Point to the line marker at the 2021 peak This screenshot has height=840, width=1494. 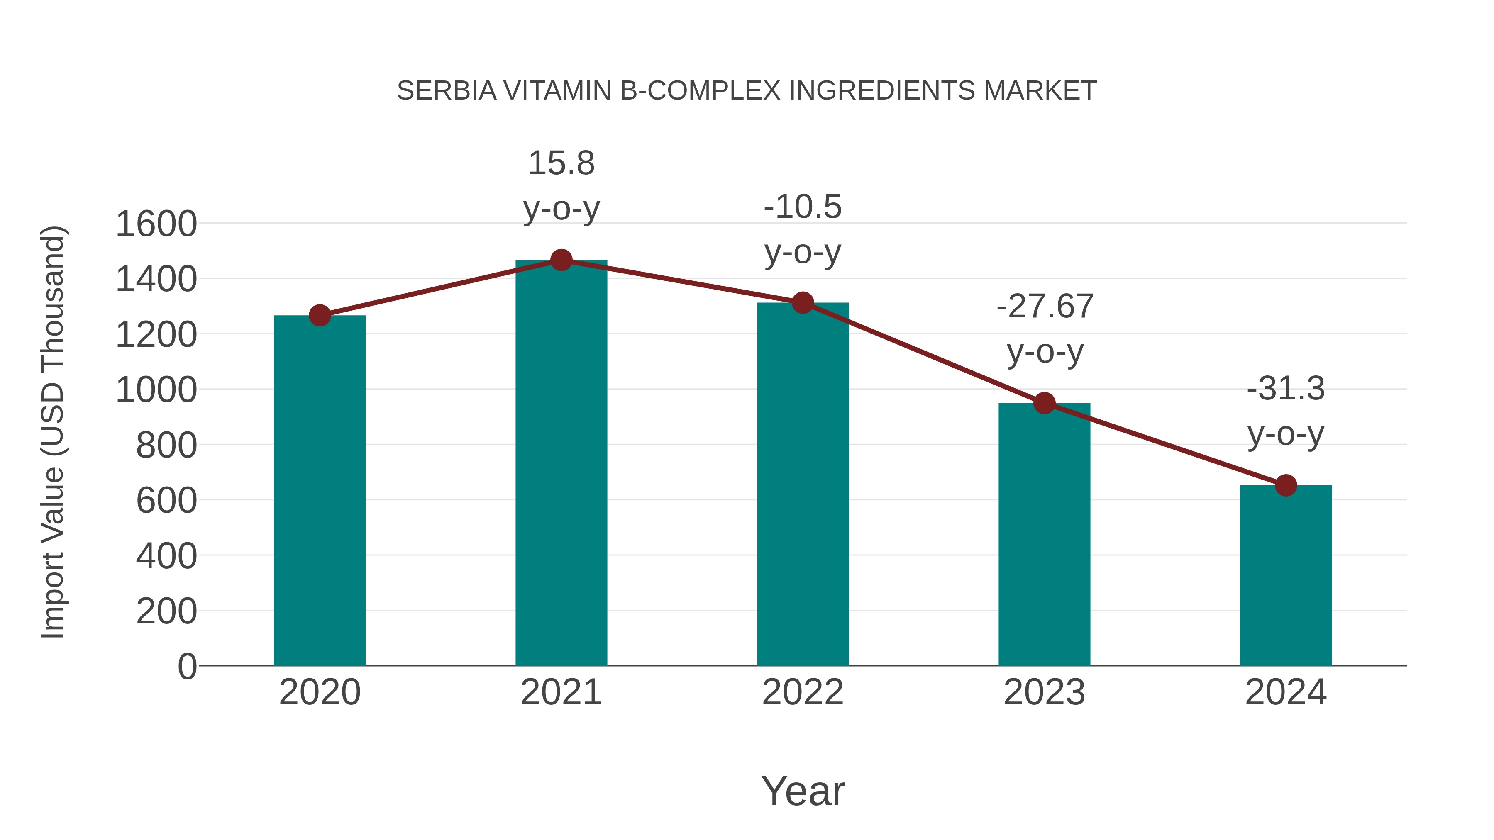[x=561, y=260]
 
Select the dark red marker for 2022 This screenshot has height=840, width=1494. [x=803, y=303]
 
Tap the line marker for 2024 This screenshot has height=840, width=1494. [x=1286, y=485]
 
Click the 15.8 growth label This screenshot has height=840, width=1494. [x=561, y=163]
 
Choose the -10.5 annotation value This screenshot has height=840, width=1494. [x=803, y=207]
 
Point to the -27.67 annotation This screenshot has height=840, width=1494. [x=1045, y=306]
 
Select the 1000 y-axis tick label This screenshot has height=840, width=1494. [x=156, y=390]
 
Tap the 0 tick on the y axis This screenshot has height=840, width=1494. [x=187, y=667]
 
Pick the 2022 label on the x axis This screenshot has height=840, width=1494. [x=803, y=692]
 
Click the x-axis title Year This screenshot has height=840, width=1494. [x=803, y=791]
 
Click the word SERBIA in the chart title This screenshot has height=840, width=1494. [x=447, y=91]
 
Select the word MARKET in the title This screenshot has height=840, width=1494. [x=1040, y=91]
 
